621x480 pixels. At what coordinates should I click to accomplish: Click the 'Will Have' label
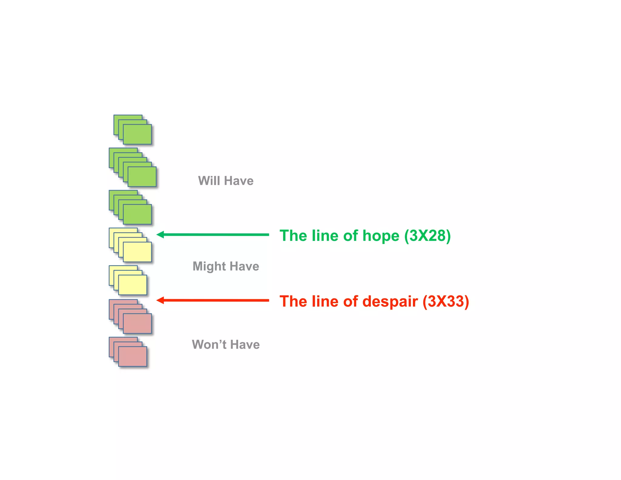pyautogui.click(x=226, y=181)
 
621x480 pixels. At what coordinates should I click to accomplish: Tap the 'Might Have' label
pyautogui.click(x=226, y=266)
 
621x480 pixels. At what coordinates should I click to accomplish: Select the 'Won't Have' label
pyautogui.click(x=226, y=345)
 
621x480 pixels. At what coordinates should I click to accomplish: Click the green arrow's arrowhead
pyautogui.click(x=160, y=235)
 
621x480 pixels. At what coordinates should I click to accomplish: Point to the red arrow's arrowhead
pyautogui.click(x=160, y=300)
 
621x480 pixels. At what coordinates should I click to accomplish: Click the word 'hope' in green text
pyautogui.click(x=381, y=236)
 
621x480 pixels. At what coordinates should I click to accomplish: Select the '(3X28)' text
pyautogui.click(x=428, y=236)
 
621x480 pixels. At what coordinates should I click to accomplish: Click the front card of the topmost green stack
pyautogui.click(x=137, y=134)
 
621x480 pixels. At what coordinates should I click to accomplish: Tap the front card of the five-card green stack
pyautogui.click(x=142, y=177)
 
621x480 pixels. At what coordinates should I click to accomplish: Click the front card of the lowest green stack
pyautogui.click(x=137, y=214)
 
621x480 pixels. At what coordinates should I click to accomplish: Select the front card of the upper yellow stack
pyautogui.click(x=137, y=252)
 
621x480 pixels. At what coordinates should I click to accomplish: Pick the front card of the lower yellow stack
pyautogui.click(x=133, y=285)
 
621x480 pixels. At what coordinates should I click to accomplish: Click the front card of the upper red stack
pyautogui.click(x=137, y=323)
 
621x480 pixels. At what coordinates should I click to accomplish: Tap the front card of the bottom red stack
pyautogui.click(x=133, y=356)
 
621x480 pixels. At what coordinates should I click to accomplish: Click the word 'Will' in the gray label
pyautogui.click(x=209, y=181)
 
